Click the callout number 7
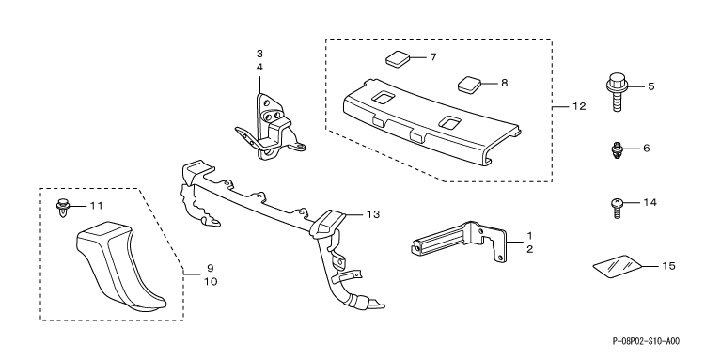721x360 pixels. pos(432,57)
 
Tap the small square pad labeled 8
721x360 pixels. pos(469,85)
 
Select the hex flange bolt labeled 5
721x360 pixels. pos(617,92)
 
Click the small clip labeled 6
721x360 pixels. pos(617,150)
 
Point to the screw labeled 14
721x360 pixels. pos(618,209)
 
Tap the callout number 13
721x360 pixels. pos(373,214)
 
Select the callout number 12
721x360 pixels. pos(579,106)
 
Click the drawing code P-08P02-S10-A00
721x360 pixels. pos(646,341)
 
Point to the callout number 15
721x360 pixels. pos(668,266)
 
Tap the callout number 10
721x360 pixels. pos(211,281)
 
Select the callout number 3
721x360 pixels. pos(259,54)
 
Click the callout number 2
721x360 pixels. pos(529,250)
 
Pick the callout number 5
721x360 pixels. pos(651,86)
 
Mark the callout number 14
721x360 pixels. pos(650,202)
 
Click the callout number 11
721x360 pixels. pos(96,206)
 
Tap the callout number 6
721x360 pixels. pos(647,149)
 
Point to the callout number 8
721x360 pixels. pos(505,84)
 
